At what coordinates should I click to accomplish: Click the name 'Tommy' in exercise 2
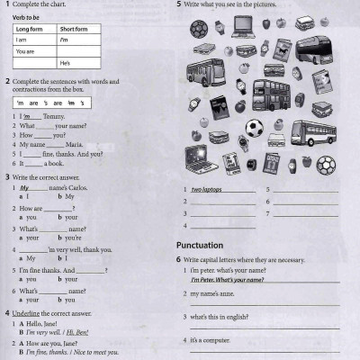tap(55, 116)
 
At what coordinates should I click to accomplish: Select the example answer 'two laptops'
tap(209, 190)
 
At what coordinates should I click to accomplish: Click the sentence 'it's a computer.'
tap(214, 340)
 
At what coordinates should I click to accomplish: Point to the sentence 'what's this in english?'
tap(224, 317)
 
